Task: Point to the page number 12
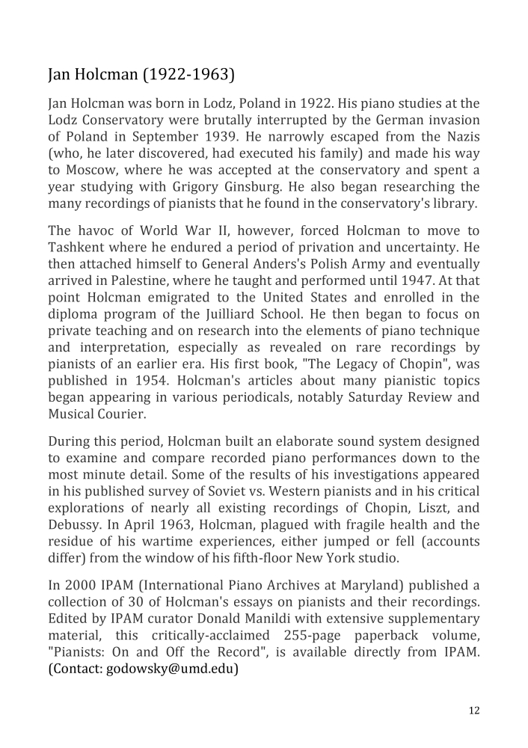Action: coord(474,711)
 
